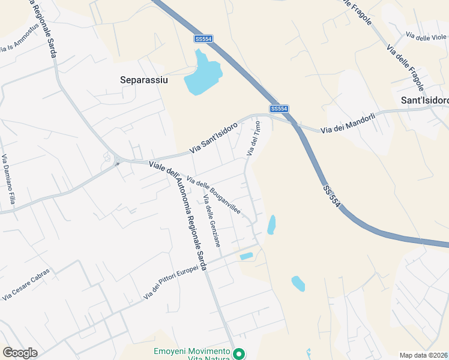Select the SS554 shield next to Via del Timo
[279, 109]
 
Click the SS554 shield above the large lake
[203, 38]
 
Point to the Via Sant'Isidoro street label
[214, 138]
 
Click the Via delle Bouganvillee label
[214, 195]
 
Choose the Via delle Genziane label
[212, 221]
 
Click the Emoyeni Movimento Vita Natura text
[192, 354]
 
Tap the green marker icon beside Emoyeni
[239, 354]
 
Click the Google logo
[20, 353]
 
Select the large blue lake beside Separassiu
[203, 75]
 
